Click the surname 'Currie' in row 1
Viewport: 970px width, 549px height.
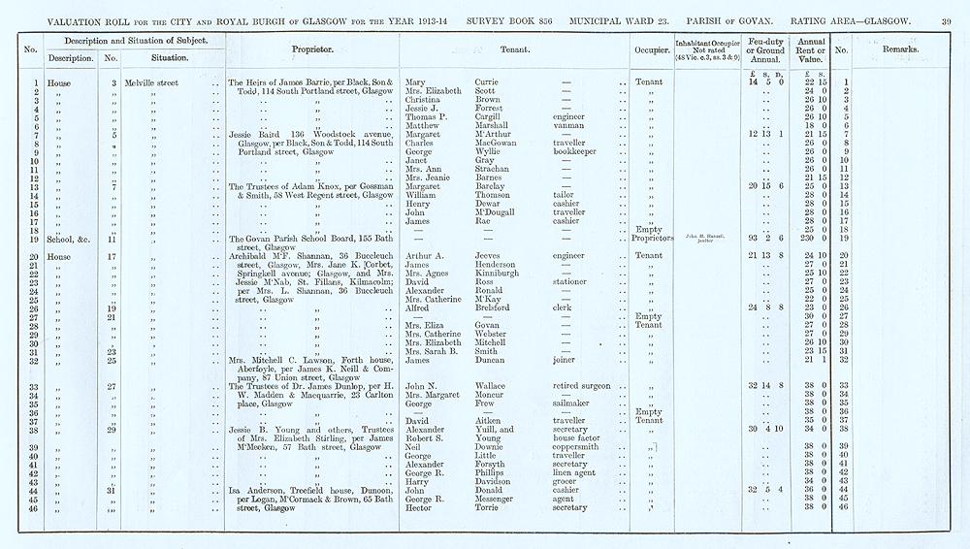491,82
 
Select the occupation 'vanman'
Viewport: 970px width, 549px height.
557,125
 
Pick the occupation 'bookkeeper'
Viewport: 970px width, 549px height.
565,151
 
